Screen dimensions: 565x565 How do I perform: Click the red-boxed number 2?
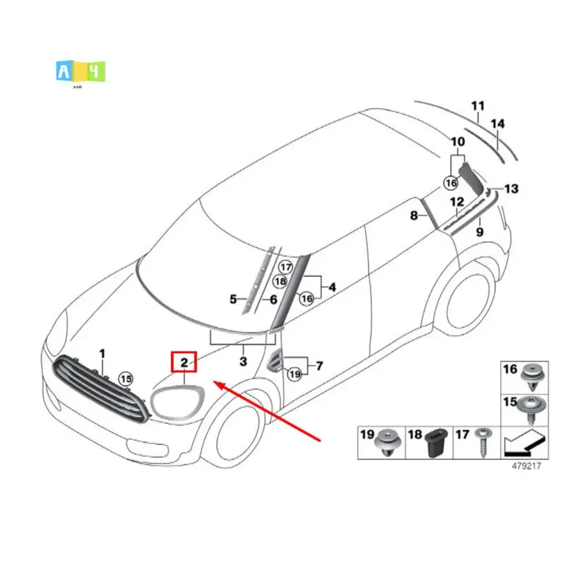[x=184, y=363]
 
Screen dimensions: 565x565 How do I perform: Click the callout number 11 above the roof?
[x=478, y=107]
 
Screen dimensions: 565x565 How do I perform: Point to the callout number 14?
[x=498, y=124]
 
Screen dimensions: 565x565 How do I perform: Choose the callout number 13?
[x=511, y=189]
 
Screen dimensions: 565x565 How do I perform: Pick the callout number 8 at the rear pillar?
[x=415, y=215]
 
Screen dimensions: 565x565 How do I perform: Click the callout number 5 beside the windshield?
[x=233, y=299]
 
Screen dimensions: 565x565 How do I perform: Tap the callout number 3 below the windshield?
[x=243, y=362]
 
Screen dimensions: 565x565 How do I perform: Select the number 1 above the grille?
[x=101, y=352]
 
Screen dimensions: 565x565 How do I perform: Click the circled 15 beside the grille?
[x=126, y=379]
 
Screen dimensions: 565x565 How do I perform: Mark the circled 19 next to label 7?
[x=295, y=374]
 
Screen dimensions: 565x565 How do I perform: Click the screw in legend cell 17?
[x=483, y=442]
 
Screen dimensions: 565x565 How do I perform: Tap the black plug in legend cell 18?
[x=434, y=444]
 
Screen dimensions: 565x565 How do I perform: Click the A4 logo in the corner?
[x=80, y=72]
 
